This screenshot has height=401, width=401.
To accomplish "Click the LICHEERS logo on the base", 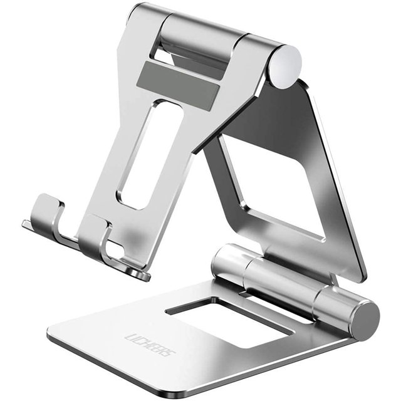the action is click(150, 345).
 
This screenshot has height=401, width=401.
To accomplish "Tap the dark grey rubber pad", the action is click(178, 85).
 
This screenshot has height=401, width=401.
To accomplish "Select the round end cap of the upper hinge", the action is click(286, 66).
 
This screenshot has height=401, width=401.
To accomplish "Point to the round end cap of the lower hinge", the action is click(365, 320).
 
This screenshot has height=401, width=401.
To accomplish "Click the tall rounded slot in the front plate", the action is click(150, 154).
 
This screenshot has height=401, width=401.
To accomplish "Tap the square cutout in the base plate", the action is click(230, 321).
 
